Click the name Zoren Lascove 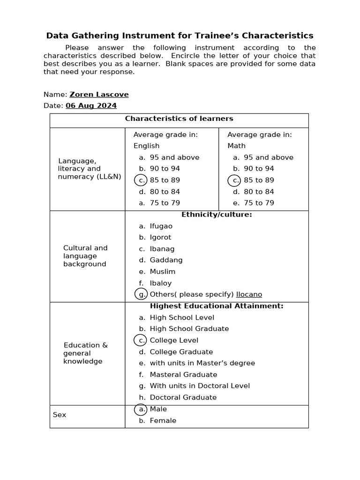(99, 95)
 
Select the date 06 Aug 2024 (91, 106)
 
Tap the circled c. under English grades (141, 180)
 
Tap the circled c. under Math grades (235, 180)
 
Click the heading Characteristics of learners (179, 119)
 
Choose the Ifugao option (161, 226)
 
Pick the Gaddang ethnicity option (166, 260)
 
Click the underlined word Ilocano (249, 294)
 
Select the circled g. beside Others (141, 294)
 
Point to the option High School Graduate (189, 329)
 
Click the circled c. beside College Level (141, 340)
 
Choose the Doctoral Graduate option (183, 397)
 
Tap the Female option (163, 420)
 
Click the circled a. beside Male (141, 409)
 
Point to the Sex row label (60, 415)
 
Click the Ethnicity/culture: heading (217, 215)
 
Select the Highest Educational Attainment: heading (217, 306)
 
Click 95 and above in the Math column (268, 157)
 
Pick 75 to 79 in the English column (165, 203)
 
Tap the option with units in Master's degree (202, 363)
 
